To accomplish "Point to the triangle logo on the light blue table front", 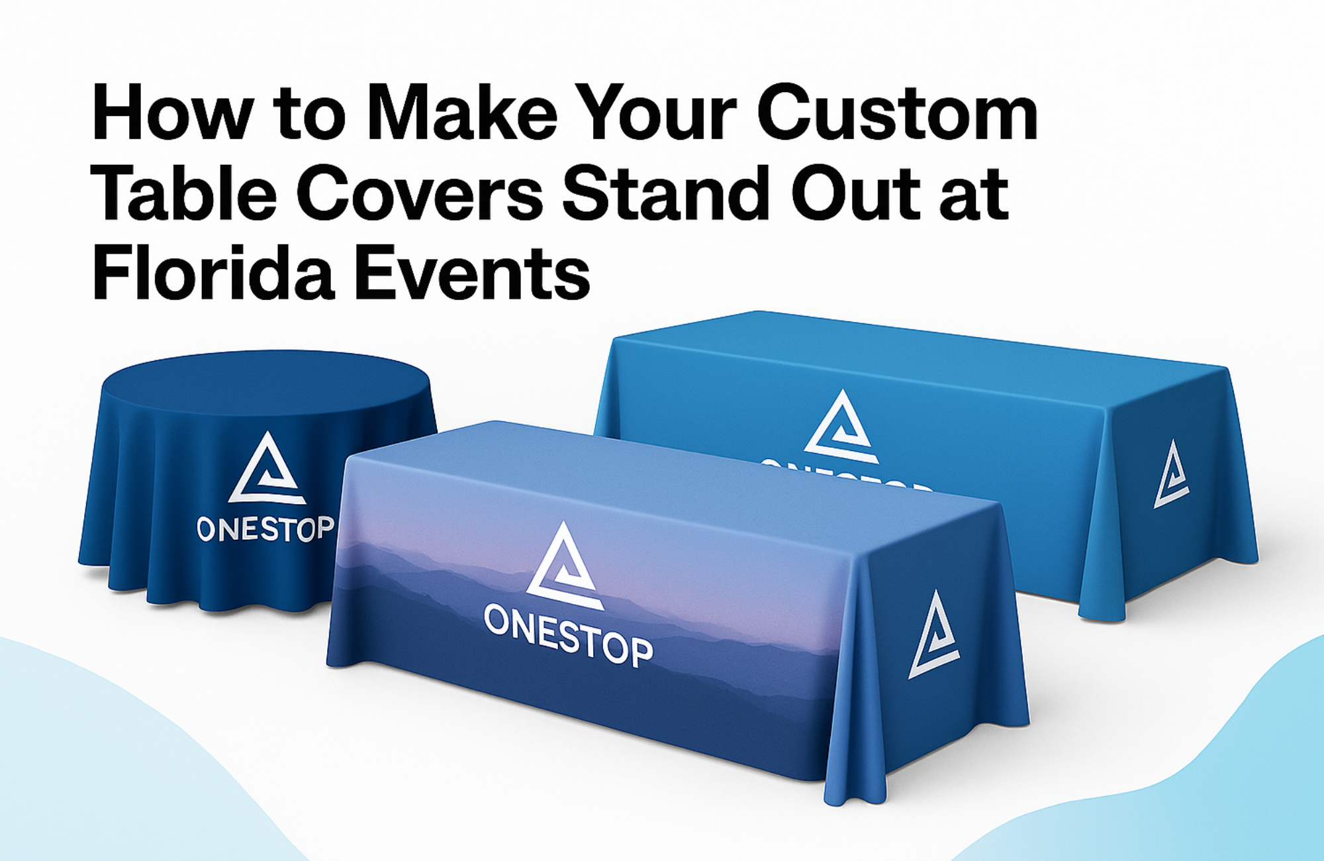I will point(841,427).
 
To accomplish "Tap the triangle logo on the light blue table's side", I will point(1171,476).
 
